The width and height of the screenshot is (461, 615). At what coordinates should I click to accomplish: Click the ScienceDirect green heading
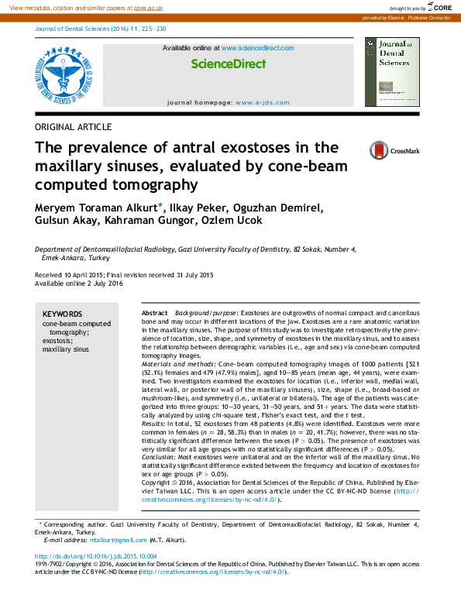click(228, 64)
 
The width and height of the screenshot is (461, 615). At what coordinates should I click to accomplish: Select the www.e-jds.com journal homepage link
click(262, 102)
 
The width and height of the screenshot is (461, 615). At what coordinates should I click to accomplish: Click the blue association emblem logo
click(67, 76)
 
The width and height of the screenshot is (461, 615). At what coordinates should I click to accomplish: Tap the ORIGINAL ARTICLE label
click(74, 127)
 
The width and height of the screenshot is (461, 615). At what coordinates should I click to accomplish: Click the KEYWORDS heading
click(61, 314)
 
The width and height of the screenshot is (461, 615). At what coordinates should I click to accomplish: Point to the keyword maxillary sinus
click(65, 349)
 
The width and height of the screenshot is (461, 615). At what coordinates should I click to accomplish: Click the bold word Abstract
click(154, 311)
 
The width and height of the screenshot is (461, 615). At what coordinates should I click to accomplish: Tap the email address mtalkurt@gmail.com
click(118, 540)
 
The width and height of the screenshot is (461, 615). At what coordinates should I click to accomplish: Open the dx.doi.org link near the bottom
click(96, 556)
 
